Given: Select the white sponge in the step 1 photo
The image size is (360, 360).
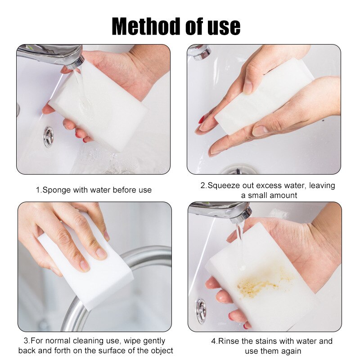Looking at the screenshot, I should pos(99,108).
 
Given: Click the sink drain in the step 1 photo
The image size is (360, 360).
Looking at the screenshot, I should pos(48,137).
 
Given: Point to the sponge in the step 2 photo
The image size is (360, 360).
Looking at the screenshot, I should pos(265,99).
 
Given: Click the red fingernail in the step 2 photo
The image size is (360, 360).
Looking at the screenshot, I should pos(202,120).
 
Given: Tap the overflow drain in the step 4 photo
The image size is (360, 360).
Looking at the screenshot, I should pos(201,311).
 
